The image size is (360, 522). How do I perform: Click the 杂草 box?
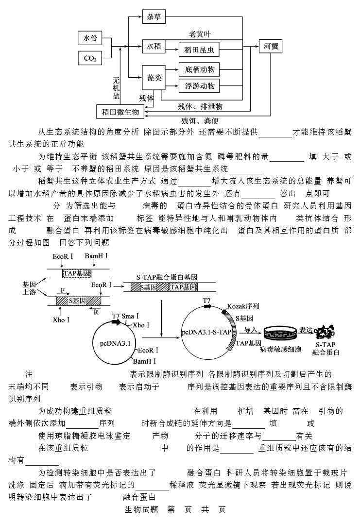point(154,17)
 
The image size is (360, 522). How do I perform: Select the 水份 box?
point(90,38)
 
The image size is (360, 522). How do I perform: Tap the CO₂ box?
point(90,58)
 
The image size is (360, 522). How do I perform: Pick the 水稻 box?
point(154,46)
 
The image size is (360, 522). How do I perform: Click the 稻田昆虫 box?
point(199,50)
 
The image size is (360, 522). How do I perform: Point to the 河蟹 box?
point(271,46)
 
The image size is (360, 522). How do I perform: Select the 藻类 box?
point(154,78)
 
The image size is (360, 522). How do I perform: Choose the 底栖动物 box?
point(199,69)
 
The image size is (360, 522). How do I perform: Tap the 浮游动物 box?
point(199,86)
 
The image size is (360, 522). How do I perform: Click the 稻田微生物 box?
point(120,112)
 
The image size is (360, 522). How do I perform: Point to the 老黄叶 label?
point(200,34)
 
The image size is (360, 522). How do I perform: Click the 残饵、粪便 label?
point(200,121)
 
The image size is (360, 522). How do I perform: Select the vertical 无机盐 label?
point(116,88)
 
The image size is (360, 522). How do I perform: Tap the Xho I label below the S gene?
point(61,320)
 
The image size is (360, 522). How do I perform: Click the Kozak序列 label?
point(243,306)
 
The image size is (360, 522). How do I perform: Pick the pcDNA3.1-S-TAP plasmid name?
point(206,332)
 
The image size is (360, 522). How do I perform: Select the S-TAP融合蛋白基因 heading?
point(167,277)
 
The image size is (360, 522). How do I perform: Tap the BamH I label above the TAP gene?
point(96,256)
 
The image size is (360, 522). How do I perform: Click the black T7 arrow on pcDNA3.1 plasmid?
point(116,322)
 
